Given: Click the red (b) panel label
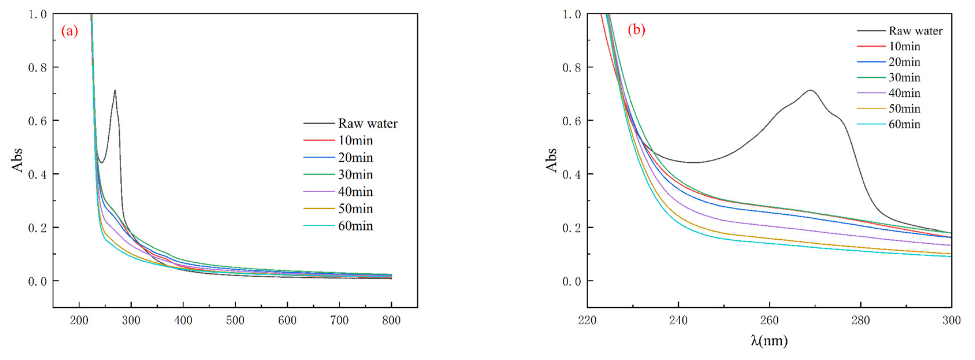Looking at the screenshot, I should coord(636,29).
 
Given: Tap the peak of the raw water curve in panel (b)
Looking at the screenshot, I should coord(810,91).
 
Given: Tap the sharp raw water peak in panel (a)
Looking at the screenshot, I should coord(115,91).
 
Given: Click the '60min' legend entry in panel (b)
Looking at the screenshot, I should coord(904,124).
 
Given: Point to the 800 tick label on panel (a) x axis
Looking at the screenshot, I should coord(391,321).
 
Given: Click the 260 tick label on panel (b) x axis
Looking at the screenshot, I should coord(770,321).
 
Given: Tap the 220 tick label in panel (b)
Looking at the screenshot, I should coord(587,321).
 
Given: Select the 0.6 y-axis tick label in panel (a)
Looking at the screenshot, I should coord(37,121).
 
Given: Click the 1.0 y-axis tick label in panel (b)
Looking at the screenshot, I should coord(572,14).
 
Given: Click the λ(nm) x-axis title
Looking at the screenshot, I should coord(770,340).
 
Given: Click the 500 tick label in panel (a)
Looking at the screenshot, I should coord(235,321).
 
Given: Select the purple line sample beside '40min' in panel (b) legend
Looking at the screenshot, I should coord(871,93).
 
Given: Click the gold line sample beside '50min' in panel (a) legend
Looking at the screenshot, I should coord(319,209).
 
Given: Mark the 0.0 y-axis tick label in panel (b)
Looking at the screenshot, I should coord(572,281).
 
